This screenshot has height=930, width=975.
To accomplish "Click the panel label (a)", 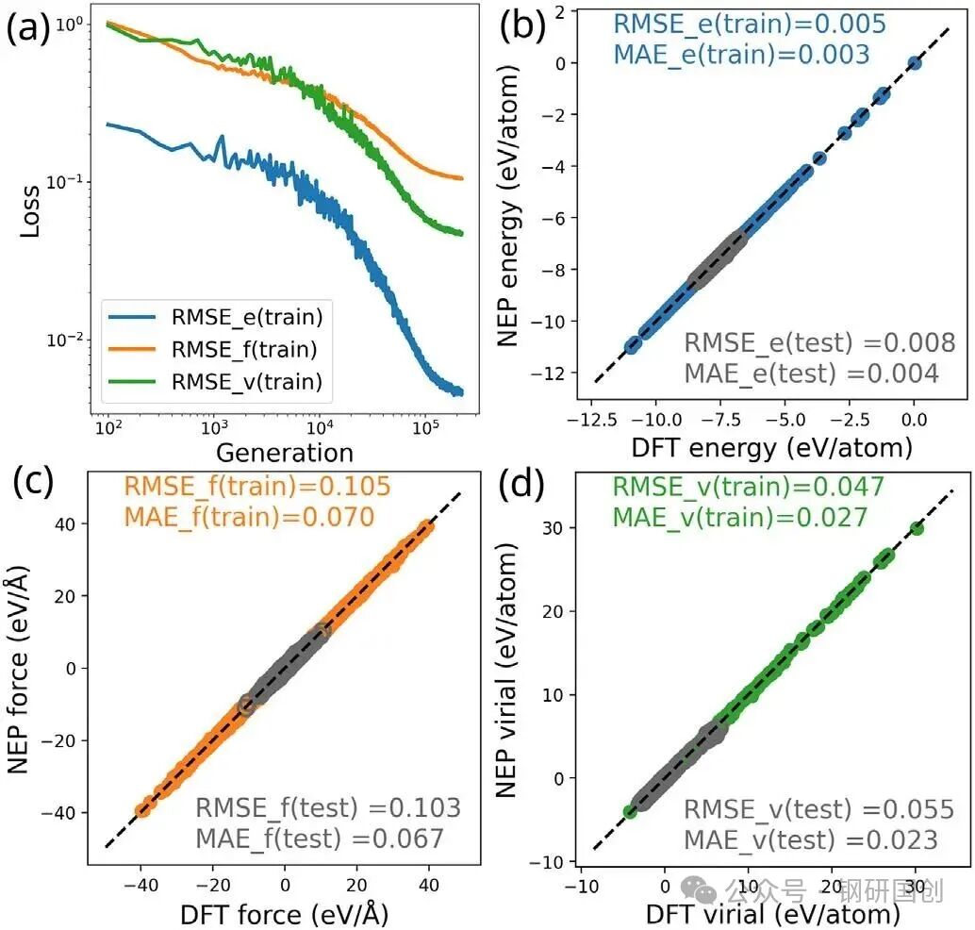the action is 28,28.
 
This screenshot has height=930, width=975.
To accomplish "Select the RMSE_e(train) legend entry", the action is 215,317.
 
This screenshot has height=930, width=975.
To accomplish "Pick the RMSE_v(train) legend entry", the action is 215,381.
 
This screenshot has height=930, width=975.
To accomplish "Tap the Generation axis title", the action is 285,452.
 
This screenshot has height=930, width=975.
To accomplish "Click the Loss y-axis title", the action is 30,211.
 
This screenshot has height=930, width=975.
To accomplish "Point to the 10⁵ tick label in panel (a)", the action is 425,427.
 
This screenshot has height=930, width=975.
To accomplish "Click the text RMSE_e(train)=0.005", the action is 750,24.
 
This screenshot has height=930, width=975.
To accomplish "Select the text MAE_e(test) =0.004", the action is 812,374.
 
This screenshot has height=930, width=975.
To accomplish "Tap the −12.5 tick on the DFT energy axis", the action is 592,420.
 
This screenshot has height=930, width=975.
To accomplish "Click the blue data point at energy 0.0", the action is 914,63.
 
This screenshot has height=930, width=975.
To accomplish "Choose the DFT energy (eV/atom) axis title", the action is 771,448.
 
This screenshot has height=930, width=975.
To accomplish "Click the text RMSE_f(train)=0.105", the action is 257,486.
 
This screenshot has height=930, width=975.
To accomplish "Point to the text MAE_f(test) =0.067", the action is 320,839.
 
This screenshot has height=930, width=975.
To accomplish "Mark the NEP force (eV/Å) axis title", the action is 19,670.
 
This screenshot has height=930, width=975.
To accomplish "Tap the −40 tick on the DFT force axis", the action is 141,885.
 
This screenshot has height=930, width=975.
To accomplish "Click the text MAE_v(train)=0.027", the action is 740,517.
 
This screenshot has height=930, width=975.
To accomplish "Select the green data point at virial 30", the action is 916,529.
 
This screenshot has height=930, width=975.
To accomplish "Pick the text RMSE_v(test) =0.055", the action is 818,808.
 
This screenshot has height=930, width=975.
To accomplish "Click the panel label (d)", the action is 521,483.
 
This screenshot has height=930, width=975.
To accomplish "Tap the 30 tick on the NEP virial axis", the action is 553,527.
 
